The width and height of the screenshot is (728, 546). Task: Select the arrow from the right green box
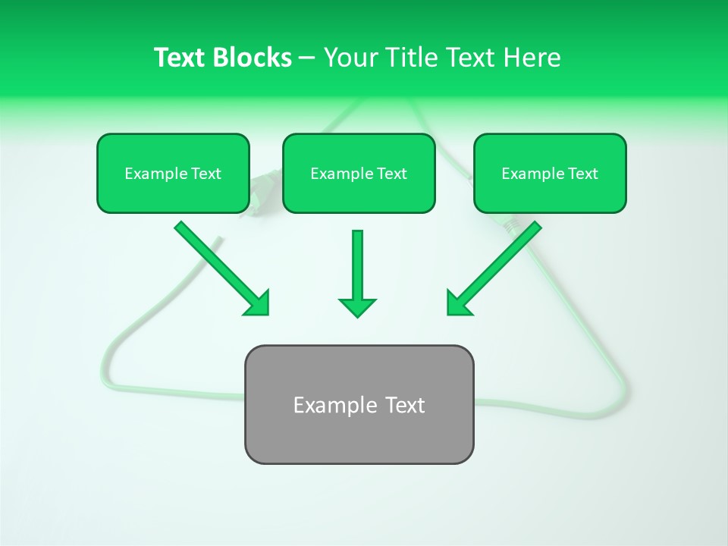497,265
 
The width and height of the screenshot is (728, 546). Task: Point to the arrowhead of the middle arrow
357,307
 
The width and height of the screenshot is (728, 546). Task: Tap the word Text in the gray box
404,405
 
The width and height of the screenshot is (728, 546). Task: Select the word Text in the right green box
583,174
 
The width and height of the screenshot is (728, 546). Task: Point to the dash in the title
307,58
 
